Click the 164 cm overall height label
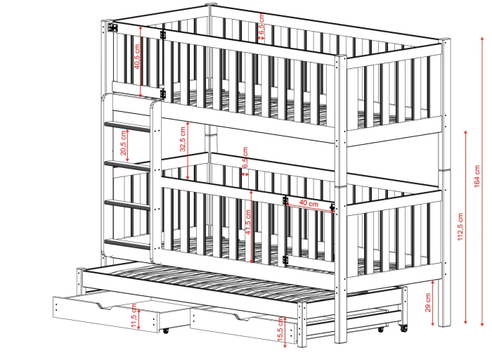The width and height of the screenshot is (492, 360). click(477, 176)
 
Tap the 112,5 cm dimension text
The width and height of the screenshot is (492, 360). click(460, 226)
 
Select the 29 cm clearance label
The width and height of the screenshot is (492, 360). click(427, 302)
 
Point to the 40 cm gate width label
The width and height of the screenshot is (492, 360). click(309, 203)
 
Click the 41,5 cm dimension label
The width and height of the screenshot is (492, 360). click(248, 222)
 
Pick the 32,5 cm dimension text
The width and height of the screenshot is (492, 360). click(183, 139)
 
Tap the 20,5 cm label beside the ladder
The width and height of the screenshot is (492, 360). click(123, 143)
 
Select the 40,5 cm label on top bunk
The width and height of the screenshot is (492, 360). click(137, 56)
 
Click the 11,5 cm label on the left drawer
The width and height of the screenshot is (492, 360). click(134, 316)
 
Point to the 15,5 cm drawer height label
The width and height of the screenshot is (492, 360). click(281, 329)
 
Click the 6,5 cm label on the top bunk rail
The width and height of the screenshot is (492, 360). click(261, 22)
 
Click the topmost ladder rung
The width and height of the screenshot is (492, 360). click(127, 126)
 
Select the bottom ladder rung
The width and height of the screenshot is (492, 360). click(127, 244)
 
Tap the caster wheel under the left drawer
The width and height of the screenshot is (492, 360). click(165, 330)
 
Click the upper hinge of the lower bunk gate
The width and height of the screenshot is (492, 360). click(285, 200)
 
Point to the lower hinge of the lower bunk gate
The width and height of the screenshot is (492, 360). click(285, 259)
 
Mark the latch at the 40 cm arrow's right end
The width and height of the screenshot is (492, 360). click(332, 207)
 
